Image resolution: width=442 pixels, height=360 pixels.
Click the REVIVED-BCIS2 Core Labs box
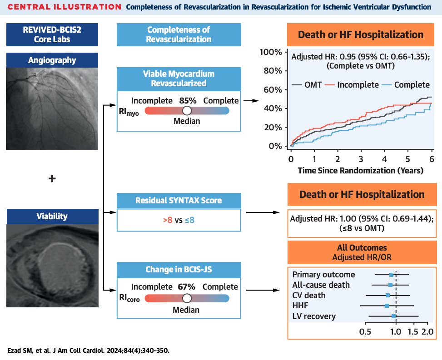coord(52,35)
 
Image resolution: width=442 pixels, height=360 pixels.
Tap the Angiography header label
coord(52,60)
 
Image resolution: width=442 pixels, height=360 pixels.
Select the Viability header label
coord(52,216)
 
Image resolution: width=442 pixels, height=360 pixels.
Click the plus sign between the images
coord(52,179)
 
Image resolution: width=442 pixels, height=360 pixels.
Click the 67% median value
coord(187,287)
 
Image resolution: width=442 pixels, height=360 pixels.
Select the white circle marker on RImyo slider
coord(187,111)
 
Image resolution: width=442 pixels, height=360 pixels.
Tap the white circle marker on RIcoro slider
coord(187,298)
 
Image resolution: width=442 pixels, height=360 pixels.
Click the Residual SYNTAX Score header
coord(179,201)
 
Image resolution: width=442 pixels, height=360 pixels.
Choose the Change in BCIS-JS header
coord(179,269)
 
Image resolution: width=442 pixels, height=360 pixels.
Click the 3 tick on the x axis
coord(361,159)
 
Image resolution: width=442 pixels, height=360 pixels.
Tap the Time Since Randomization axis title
coord(361,171)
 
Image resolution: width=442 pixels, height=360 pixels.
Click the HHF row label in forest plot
coord(300,306)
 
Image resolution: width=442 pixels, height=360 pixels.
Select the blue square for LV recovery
coord(394,316)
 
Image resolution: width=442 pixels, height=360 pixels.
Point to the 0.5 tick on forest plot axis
coord(365,332)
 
